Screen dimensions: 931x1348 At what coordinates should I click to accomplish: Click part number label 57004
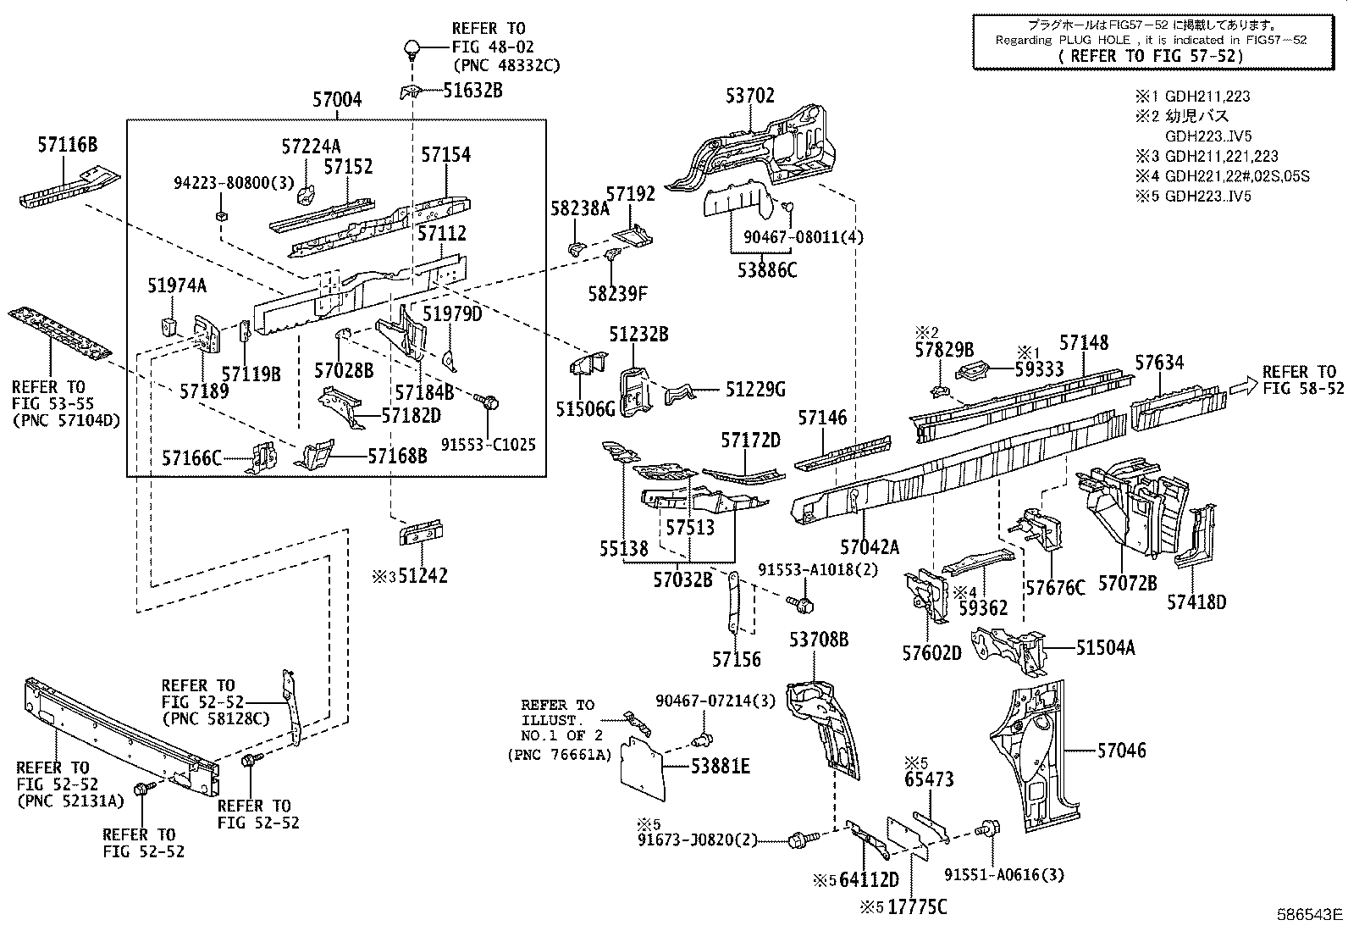click(x=336, y=100)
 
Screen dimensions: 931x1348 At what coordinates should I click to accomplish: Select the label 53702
click(x=749, y=96)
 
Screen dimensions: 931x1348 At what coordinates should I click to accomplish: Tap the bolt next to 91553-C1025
click(x=487, y=401)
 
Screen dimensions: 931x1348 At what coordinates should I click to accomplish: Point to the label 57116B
click(x=67, y=146)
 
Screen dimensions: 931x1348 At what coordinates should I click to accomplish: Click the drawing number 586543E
click(x=1310, y=915)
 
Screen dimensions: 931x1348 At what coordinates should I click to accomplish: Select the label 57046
click(x=1121, y=751)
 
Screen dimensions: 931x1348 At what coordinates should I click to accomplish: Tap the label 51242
click(x=423, y=576)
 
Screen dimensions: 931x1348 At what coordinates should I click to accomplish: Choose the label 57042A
click(x=870, y=547)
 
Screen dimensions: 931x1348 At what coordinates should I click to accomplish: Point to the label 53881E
click(x=720, y=768)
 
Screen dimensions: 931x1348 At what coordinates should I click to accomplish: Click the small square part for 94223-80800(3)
click(x=221, y=215)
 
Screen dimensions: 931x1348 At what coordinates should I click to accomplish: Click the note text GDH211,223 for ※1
click(x=1207, y=97)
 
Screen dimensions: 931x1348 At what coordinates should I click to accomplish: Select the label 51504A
click(x=1105, y=648)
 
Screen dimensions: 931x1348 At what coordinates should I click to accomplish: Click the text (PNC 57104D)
click(x=64, y=419)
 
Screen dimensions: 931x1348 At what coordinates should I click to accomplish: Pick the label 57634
click(x=1159, y=363)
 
